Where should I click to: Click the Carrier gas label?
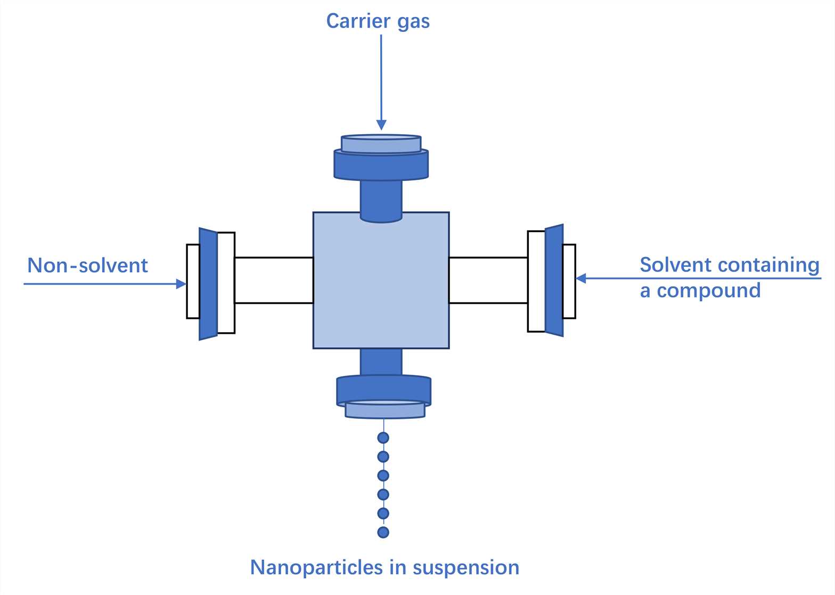pyautogui.click(x=378, y=21)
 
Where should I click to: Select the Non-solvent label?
pyautogui.click(x=87, y=266)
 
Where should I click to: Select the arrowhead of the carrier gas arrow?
pyautogui.click(x=381, y=125)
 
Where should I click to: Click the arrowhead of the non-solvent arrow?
pyautogui.click(x=181, y=284)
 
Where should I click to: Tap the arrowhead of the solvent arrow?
pyautogui.click(x=581, y=278)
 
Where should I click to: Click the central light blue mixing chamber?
pyautogui.click(x=381, y=287)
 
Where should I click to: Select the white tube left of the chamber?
pyautogui.click(x=274, y=280)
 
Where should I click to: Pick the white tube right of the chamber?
pyautogui.click(x=488, y=280)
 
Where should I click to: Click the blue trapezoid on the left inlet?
pyautogui.click(x=208, y=284)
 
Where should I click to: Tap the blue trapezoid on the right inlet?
pyautogui.click(x=554, y=280)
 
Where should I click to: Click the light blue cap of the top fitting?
pyautogui.click(x=381, y=144)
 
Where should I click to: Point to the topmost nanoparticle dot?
pyautogui.click(x=383, y=438)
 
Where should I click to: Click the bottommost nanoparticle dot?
pyautogui.click(x=383, y=532)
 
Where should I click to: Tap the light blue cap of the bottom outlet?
pyautogui.click(x=385, y=410)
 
